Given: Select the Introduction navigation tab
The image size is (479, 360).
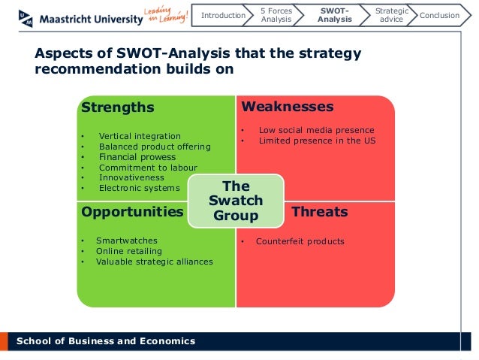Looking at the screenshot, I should [x=224, y=15].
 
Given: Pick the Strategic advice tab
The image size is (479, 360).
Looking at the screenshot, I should [x=391, y=15].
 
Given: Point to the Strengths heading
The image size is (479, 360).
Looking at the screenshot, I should [x=117, y=107].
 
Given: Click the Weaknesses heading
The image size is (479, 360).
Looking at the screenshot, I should [x=288, y=107].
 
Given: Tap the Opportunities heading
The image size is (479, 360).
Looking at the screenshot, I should [x=132, y=212].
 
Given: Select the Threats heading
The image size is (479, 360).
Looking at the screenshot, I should [x=319, y=212].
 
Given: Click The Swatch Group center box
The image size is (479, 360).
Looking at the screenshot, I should [x=236, y=201].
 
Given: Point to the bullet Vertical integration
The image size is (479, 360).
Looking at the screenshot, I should [x=140, y=136].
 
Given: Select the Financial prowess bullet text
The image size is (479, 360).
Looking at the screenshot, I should [x=137, y=157].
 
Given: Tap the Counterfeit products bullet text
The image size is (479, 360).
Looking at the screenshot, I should [x=300, y=241].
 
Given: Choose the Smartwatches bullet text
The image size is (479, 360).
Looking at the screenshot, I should [x=126, y=241].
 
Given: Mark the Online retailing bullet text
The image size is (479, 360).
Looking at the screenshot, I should [x=128, y=251].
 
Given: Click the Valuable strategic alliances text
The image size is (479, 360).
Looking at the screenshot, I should [x=154, y=262].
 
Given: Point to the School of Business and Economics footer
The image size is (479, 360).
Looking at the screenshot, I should [x=105, y=341].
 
